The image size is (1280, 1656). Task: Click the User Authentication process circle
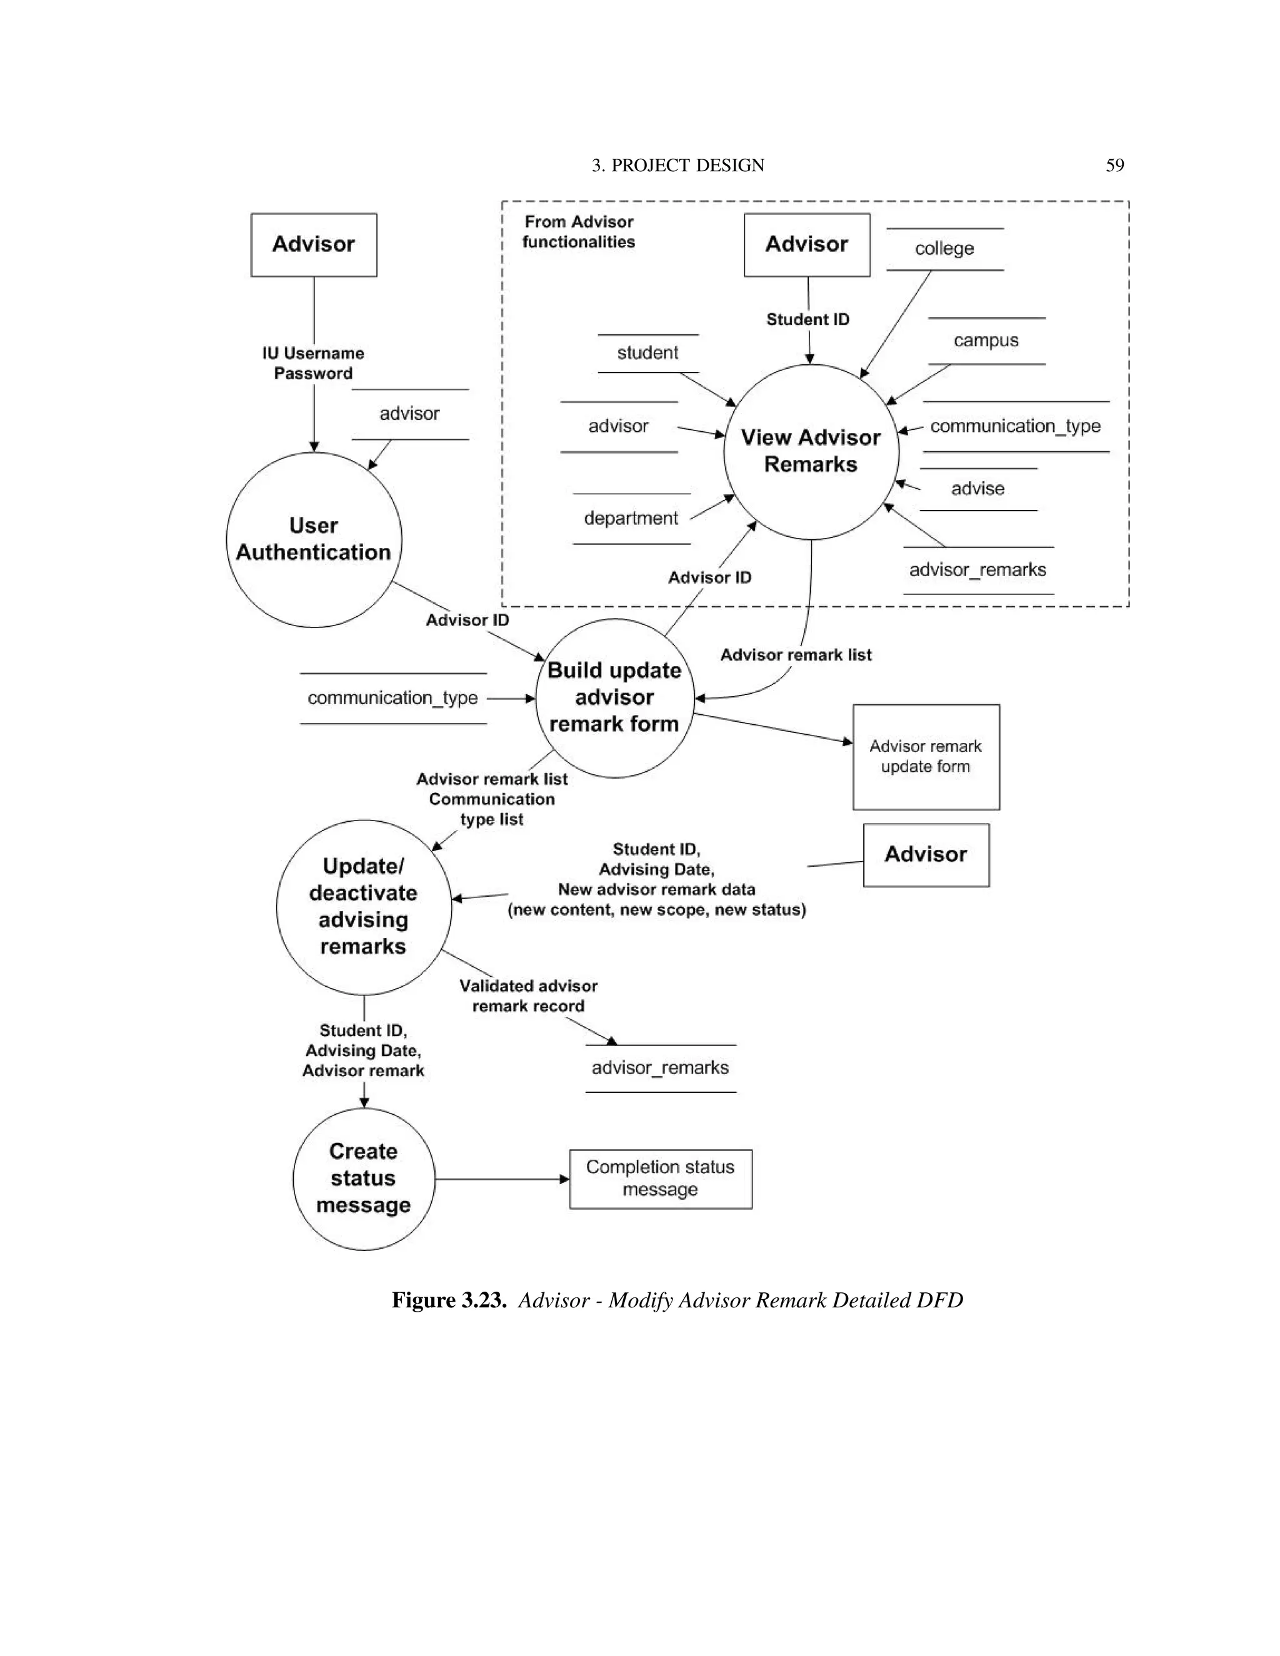click(313, 539)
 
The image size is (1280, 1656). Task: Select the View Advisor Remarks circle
click(811, 451)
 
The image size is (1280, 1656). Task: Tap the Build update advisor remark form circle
click(614, 697)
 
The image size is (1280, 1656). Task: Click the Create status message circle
click(363, 1179)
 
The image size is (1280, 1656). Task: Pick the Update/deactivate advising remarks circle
click(363, 907)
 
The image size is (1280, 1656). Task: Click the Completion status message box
click(661, 1179)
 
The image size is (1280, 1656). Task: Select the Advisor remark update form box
click(925, 757)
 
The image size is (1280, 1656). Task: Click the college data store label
click(944, 249)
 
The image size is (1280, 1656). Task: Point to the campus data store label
click(986, 341)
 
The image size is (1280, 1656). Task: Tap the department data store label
click(631, 519)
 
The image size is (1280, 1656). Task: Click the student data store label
click(647, 352)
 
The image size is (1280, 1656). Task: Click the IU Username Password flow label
click(313, 363)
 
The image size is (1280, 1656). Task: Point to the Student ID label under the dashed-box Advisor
click(807, 319)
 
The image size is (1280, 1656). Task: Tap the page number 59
click(1114, 166)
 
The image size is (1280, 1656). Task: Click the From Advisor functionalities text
click(579, 232)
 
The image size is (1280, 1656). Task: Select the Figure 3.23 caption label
click(449, 1300)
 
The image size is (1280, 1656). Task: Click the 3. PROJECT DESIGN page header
click(678, 166)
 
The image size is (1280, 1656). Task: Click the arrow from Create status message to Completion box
click(501, 1179)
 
